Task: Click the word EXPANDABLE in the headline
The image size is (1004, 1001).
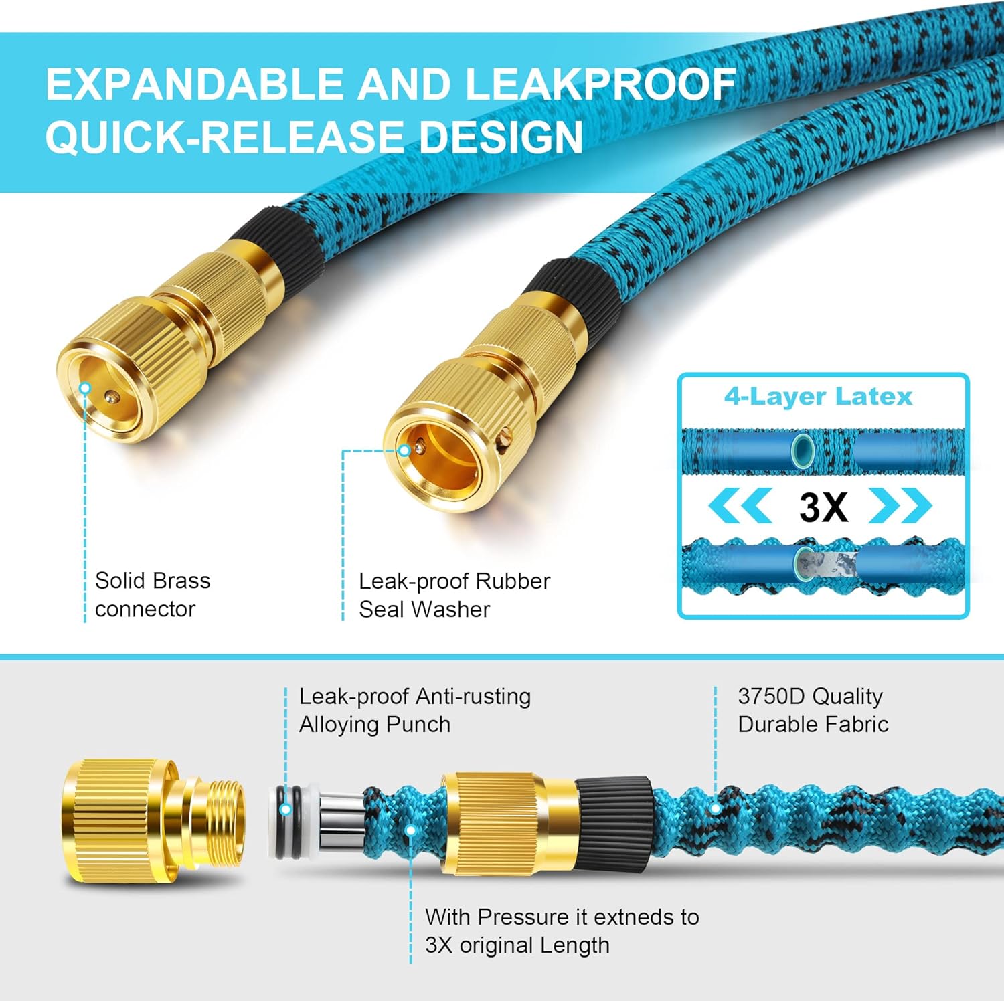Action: (x=195, y=85)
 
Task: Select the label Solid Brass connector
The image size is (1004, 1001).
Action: (x=153, y=594)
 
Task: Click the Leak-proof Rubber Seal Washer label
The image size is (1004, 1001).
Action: (x=454, y=595)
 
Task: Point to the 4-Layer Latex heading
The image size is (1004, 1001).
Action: (x=818, y=397)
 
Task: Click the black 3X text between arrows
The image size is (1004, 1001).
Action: (x=823, y=507)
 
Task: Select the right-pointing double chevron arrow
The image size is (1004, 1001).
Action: (x=900, y=506)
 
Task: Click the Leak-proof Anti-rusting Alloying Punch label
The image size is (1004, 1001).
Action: (x=414, y=710)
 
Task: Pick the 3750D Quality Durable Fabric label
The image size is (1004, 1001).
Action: (x=813, y=710)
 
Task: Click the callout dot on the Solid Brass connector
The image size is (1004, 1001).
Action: (x=85, y=388)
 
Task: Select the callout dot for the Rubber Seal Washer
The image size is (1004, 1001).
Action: (x=404, y=450)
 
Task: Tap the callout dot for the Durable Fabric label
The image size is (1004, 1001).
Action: (x=716, y=809)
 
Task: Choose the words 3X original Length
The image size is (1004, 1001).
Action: (x=517, y=945)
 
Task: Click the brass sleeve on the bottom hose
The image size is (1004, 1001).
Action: (x=509, y=824)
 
